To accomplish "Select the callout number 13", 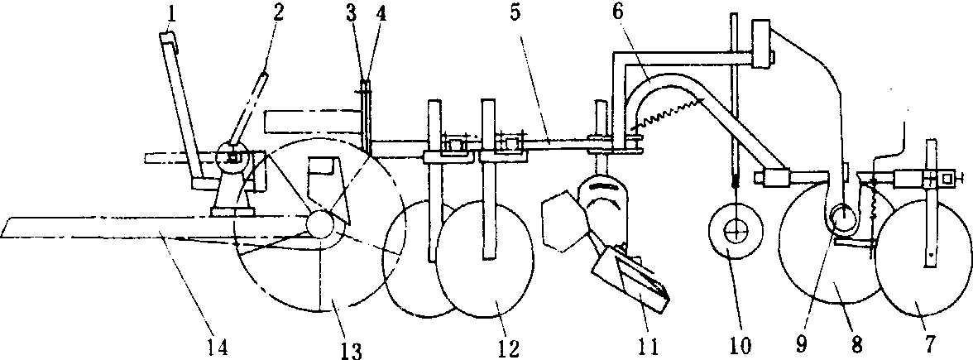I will (352, 350).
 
